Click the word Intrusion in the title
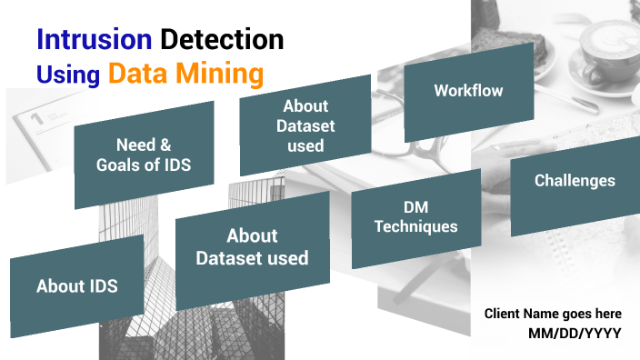tap(94, 39)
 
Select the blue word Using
tap(68, 74)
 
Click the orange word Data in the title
tap(136, 73)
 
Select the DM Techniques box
tap(416, 217)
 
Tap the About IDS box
tap(77, 286)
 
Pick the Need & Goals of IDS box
tap(144, 155)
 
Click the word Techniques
tap(416, 226)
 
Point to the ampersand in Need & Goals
tap(165, 145)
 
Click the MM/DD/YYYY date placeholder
tap(575, 334)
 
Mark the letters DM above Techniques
tap(415, 207)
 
